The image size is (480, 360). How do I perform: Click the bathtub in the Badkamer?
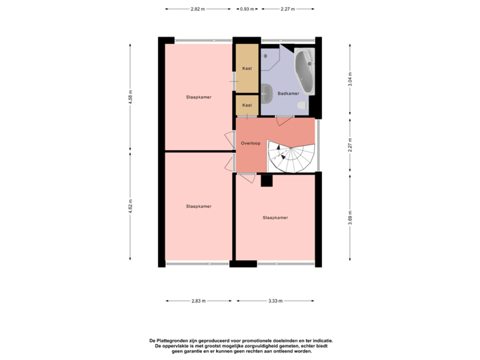click(307, 71)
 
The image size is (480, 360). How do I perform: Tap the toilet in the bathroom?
click(301, 106)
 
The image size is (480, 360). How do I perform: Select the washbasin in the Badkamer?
click(267, 92)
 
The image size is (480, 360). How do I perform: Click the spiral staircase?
click(291, 157)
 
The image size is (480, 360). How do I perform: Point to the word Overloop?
click(251, 143)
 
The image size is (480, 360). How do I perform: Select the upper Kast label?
click(247, 69)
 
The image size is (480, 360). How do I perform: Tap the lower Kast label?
click(247, 105)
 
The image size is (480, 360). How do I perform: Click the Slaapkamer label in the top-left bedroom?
click(199, 97)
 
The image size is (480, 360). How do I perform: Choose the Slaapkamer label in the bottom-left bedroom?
click(199, 207)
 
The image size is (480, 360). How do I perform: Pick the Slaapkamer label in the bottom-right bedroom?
click(275, 218)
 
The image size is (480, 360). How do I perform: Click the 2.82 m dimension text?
click(198, 9)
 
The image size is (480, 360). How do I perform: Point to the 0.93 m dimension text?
click(247, 9)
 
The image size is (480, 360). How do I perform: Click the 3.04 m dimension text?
click(349, 79)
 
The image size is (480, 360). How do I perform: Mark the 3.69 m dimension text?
click(349, 218)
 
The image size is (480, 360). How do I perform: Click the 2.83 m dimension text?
click(198, 301)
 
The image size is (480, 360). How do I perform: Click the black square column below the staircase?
click(267, 181)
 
